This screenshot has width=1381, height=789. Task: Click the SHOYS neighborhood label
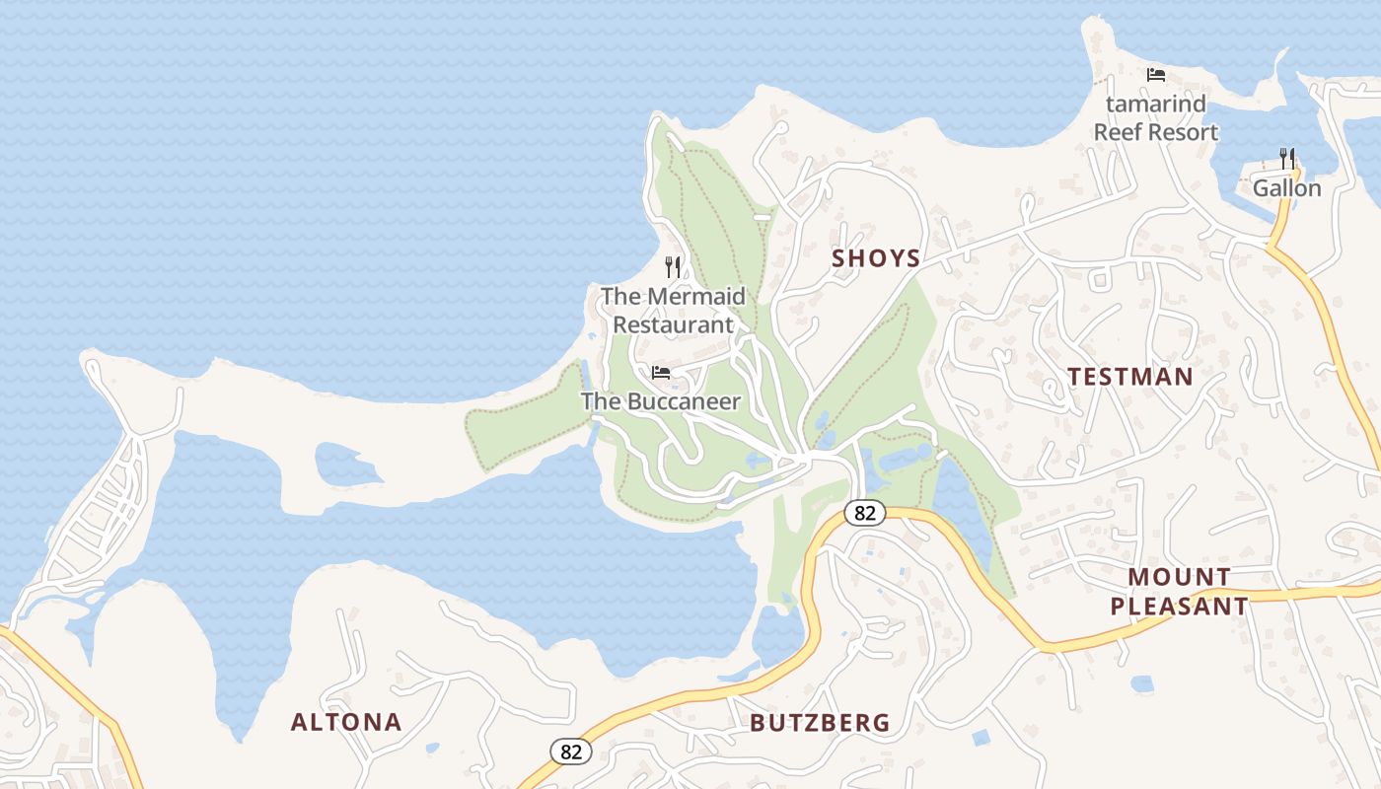click(x=875, y=258)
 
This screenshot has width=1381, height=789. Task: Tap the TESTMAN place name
click(x=1129, y=376)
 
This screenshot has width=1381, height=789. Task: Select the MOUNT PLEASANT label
click(x=1179, y=591)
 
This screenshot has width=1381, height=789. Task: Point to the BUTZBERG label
click(x=820, y=723)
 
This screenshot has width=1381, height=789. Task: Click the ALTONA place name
click(x=346, y=722)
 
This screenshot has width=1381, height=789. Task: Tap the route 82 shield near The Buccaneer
click(x=865, y=513)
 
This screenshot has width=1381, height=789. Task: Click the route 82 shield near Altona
click(x=570, y=751)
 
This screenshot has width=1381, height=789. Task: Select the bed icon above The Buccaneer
click(x=661, y=373)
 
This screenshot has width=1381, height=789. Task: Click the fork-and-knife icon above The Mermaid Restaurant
click(x=673, y=266)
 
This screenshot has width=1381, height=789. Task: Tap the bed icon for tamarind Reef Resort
click(x=1155, y=75)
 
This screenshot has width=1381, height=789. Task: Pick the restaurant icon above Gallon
click(x=1286, y=158)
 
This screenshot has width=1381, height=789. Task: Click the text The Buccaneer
click(x=660, y=401)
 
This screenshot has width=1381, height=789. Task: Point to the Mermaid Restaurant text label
click(x=673, y=310)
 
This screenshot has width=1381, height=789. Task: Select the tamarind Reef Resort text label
click(x=1155, y=117)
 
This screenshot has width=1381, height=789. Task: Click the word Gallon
click(x=1286, y=187)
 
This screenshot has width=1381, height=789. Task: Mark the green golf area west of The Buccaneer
click(x=523, y=419)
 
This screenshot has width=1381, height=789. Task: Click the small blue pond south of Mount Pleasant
click(x=1141, y=683)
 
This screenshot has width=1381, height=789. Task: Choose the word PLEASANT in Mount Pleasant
click(x=1179, y=606)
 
